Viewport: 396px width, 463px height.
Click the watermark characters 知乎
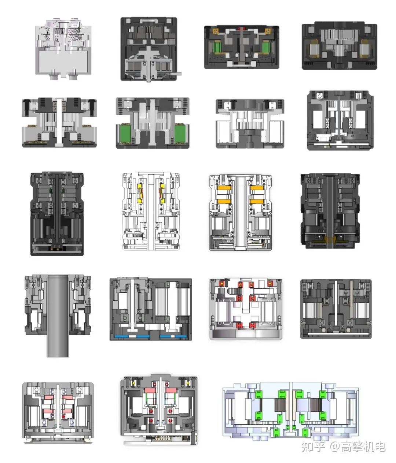(313, 447)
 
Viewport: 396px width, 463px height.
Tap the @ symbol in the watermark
(335, 447)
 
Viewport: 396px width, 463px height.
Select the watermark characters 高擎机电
(363, 447)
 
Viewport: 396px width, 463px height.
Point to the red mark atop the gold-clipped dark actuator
(241, 29)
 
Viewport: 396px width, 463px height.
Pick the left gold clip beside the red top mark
(215, 31)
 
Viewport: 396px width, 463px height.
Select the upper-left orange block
(224, 188)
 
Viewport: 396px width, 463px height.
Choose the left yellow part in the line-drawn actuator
(140, 193)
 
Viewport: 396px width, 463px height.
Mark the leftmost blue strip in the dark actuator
(121, 336)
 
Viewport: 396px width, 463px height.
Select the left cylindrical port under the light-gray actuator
(54, 76)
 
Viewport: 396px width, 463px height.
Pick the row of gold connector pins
(160, 438)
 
